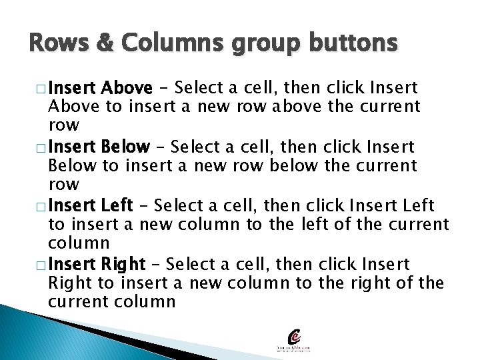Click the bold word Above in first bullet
[128, 88]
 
